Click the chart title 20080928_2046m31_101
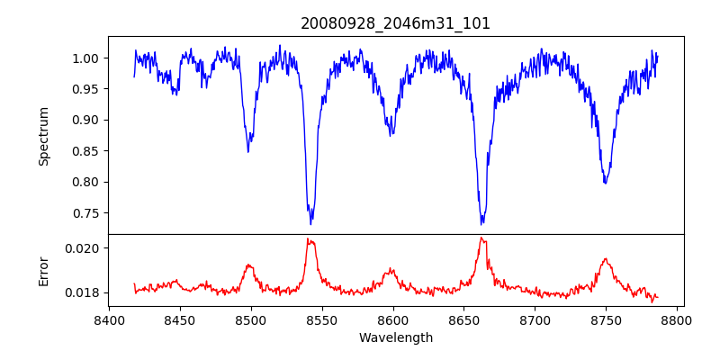click(395, 23)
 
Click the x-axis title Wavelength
click(395, 338)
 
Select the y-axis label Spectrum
click(43, 135)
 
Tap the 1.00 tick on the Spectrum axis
click(88, 58)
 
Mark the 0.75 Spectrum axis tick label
click(88, 213)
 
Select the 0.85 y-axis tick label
click(88, 151)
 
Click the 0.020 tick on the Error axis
click(85, 247)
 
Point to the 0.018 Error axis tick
click(85, 292)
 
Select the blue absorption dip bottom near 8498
click(248, 150)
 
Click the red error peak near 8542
click(308, 238)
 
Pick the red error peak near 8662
click(481, 238)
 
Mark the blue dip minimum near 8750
click(605, 183)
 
